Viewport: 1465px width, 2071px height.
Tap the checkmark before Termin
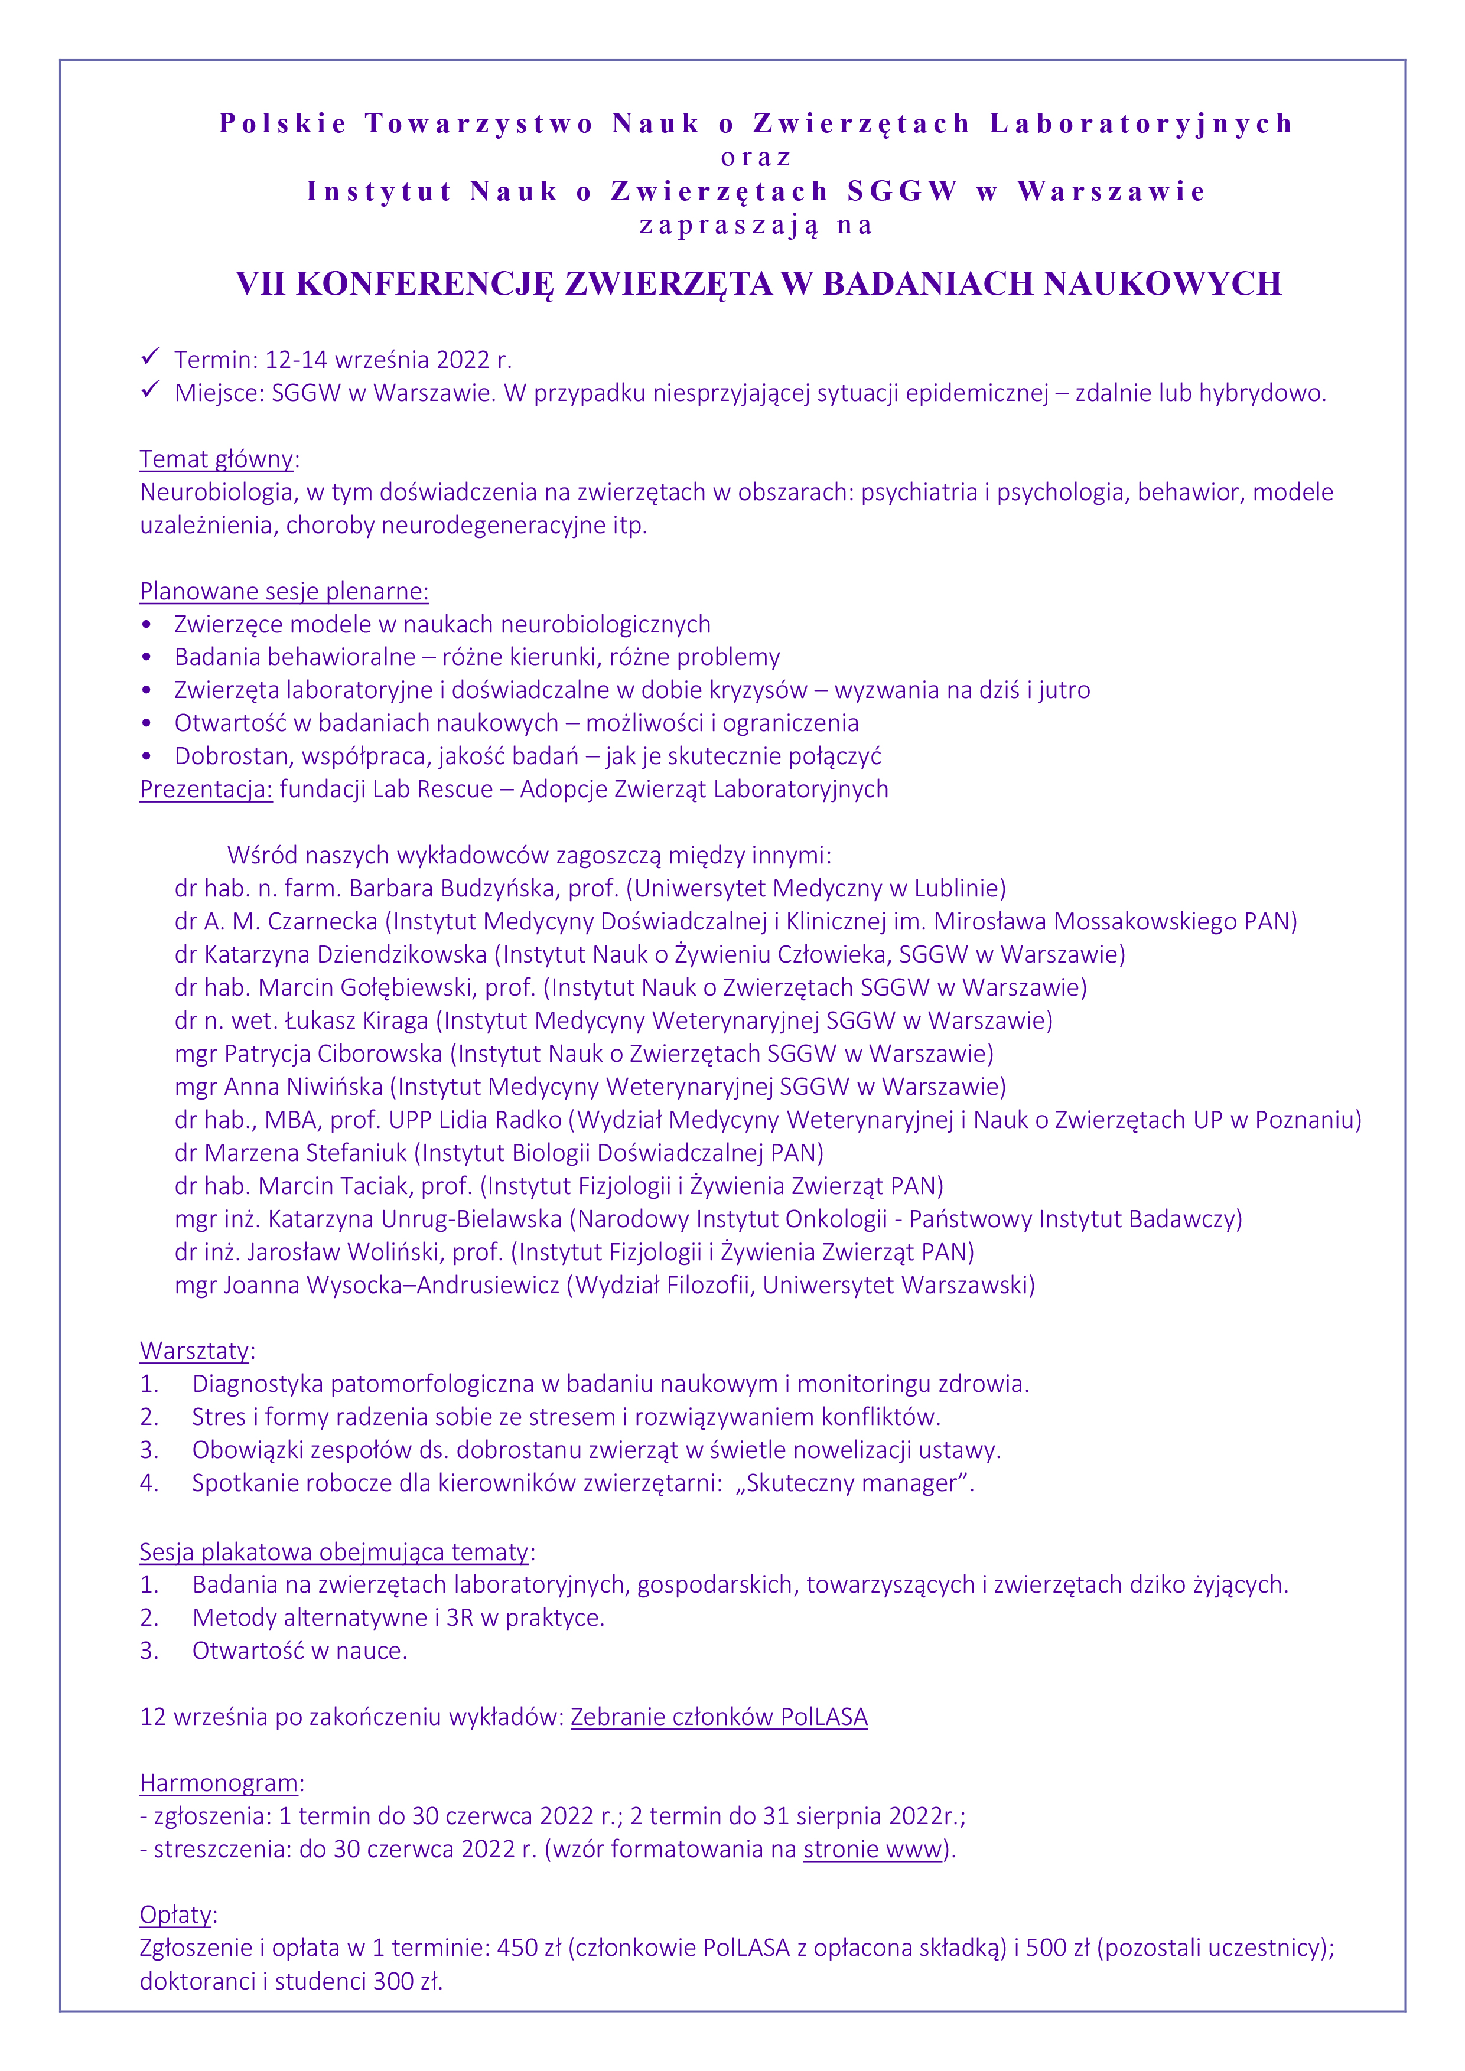point(149,357)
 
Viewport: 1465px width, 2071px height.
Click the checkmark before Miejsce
point(149,390)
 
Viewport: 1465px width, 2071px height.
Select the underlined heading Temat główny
point(217,459)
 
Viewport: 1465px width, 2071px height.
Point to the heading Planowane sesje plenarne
point(284,592)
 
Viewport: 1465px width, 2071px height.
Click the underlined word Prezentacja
point(206,790)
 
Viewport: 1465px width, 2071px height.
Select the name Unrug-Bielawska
point(471,1219)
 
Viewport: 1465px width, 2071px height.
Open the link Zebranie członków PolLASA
point(719,1717)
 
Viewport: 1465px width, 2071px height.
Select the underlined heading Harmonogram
point(219,1783)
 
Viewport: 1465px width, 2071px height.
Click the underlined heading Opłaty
point(176,1915)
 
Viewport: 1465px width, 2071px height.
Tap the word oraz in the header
point(756,157)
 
